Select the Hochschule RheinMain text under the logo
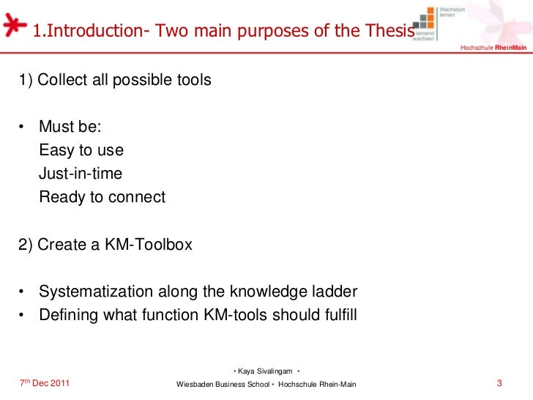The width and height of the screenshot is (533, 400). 493,48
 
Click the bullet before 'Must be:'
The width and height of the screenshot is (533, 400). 23,127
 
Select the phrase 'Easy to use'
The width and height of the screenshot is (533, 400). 81,151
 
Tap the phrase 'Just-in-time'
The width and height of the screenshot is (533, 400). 81,174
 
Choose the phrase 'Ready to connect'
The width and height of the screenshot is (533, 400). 102,198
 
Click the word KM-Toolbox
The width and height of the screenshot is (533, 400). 151,245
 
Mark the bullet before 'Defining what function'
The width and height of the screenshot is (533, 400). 23,316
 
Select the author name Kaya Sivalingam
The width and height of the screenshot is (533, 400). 266,371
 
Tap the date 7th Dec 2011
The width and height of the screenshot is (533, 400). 45,384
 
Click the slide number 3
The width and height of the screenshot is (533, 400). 499,383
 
